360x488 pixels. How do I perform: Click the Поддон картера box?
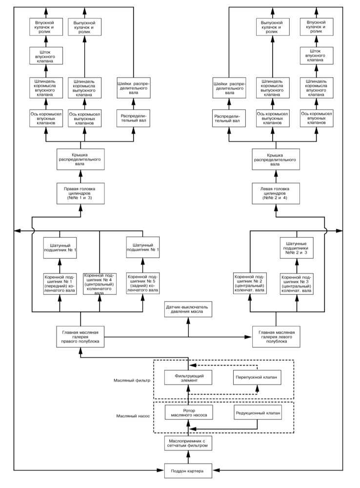(x=188, y=471)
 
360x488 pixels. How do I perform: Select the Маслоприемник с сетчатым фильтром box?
(x=188, y=443)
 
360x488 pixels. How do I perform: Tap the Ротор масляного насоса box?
(x=189, y=413)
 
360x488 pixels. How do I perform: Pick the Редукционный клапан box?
(x=258, y=413)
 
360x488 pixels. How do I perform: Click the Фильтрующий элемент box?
(x=189, y=378)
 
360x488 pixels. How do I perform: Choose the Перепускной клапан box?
(x=258, y=378)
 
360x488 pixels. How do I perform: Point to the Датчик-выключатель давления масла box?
(x=188, y=309)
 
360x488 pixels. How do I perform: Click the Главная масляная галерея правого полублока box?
(x=80, y=337)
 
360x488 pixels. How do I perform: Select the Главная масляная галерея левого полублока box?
(x=276, y=337)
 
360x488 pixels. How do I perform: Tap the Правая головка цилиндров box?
(x=80, y=194)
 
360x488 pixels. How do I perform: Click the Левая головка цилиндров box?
(x=276, y=194)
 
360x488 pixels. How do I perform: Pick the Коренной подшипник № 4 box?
(x=100, y=284)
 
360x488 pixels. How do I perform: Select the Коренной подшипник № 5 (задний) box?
(x=143, y=284)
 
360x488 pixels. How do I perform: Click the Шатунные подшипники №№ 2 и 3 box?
(x=297, y=248)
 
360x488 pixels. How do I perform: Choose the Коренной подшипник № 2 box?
(x=250, y=283)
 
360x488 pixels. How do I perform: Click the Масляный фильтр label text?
(x=132, y=380)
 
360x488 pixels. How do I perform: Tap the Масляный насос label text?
(x=133, y=416)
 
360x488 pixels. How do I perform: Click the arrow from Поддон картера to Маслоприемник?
(x=188, y=457)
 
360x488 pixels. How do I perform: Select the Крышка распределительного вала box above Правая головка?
(x=80, y=160)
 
